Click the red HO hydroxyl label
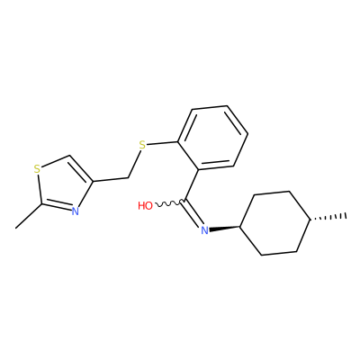click(146, 206)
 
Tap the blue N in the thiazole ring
click(75, 211)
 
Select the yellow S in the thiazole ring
click(37, 169)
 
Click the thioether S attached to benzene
click(142, 146)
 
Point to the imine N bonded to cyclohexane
click(204, 230)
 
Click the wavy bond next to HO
click(168, 203)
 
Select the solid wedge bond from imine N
click(224, 229)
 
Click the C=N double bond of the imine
click(193, 213)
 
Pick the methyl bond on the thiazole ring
click(28, 216)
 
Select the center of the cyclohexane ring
click(275, 223)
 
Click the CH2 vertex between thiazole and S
click(128, 178)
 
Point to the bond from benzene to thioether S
click(162, 143)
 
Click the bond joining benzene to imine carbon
click(191, 185)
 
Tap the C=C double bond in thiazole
click(81, 168)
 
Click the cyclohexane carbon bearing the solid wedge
click(240, 227)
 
